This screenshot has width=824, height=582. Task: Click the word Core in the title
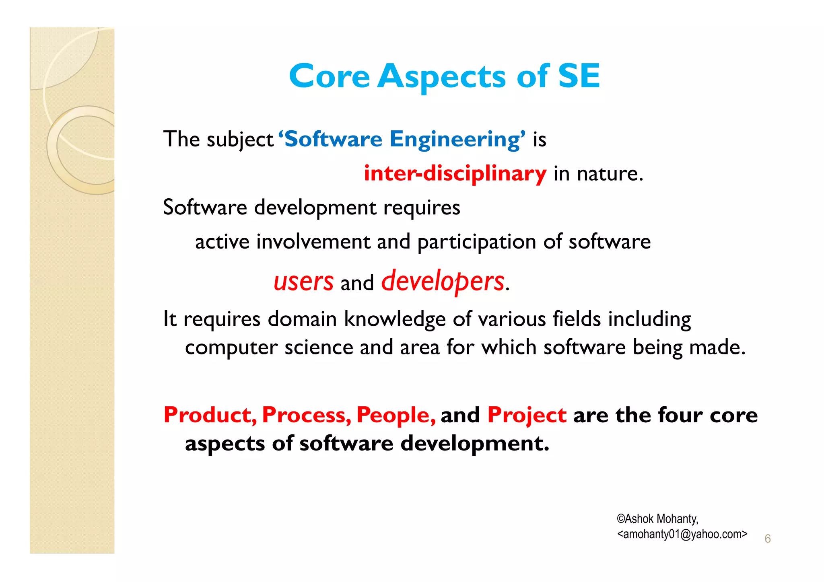[x=329, y=76]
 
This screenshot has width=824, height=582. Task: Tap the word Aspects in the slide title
[x=441, y=76]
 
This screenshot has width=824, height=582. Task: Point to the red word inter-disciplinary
[x=455, y=174]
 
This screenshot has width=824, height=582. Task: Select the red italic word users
[x=303, y=282]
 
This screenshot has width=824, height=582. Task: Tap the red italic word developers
[x=443, y=282]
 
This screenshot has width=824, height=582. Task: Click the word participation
[x=477, y=242]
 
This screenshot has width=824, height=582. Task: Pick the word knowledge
[x=395, y=319]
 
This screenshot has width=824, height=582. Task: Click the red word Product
[x=210, y=415]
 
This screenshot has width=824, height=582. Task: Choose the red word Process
[x=306, y=415]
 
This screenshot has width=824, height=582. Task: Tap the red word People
[x=396, y=415]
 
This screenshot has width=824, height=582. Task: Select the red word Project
[x=527, y=415]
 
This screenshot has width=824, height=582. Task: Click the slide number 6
[x=767, y=539]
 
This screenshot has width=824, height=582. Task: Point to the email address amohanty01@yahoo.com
[x=682, y=534]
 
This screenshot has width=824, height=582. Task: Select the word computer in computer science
[x=231, y=348]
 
